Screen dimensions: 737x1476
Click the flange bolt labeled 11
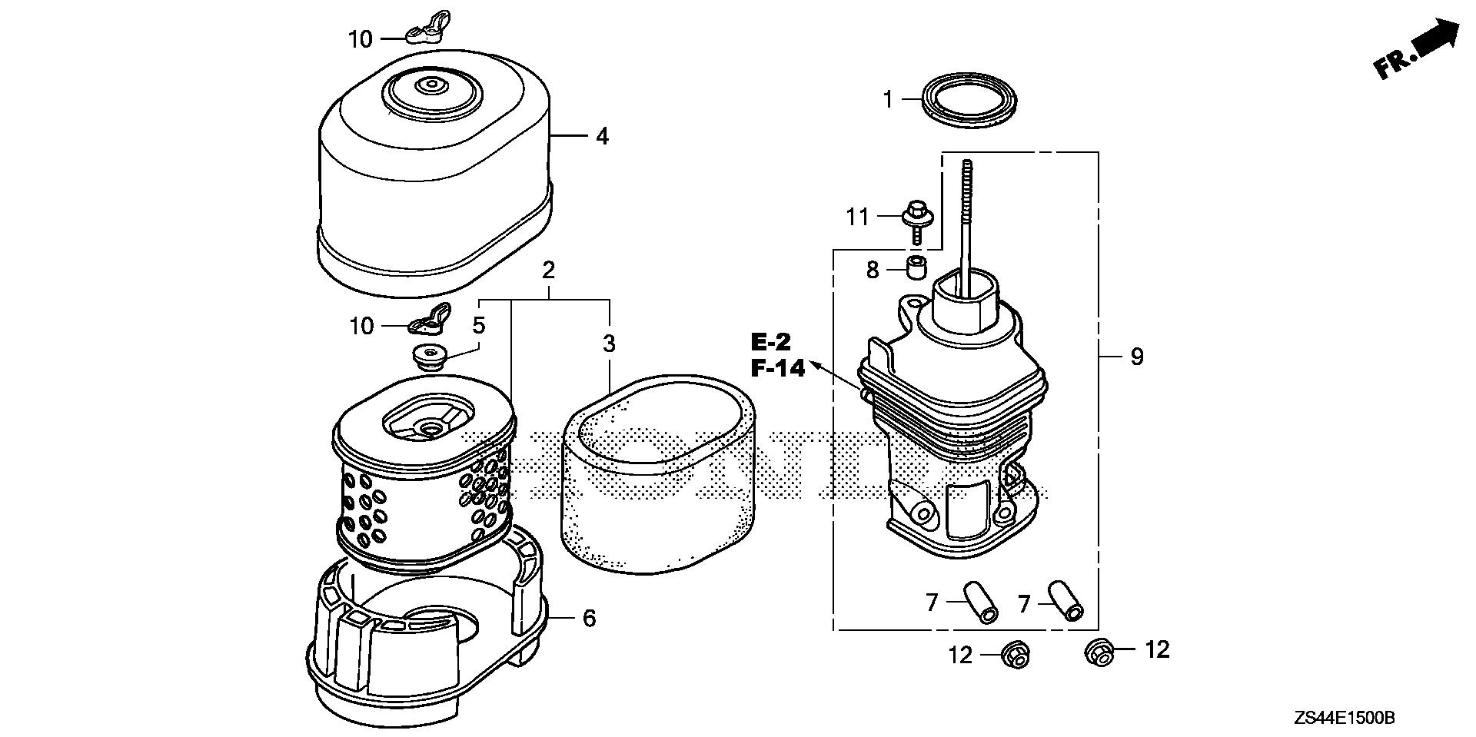pos(915,214)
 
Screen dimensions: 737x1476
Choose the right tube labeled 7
pos(1067,600)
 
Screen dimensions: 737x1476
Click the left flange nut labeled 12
pos(1015,655)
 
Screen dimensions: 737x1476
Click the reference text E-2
pos(771,342)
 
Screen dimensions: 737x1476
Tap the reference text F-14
pos(778,369)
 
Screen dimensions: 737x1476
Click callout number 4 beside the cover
pos(602,137)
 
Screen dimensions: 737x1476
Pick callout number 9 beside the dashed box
pos(1137,357)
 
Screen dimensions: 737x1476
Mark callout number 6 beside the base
pos(589,618)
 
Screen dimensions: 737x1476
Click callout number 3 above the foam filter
pos(609,344)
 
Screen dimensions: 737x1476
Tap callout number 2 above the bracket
pos(548,271)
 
